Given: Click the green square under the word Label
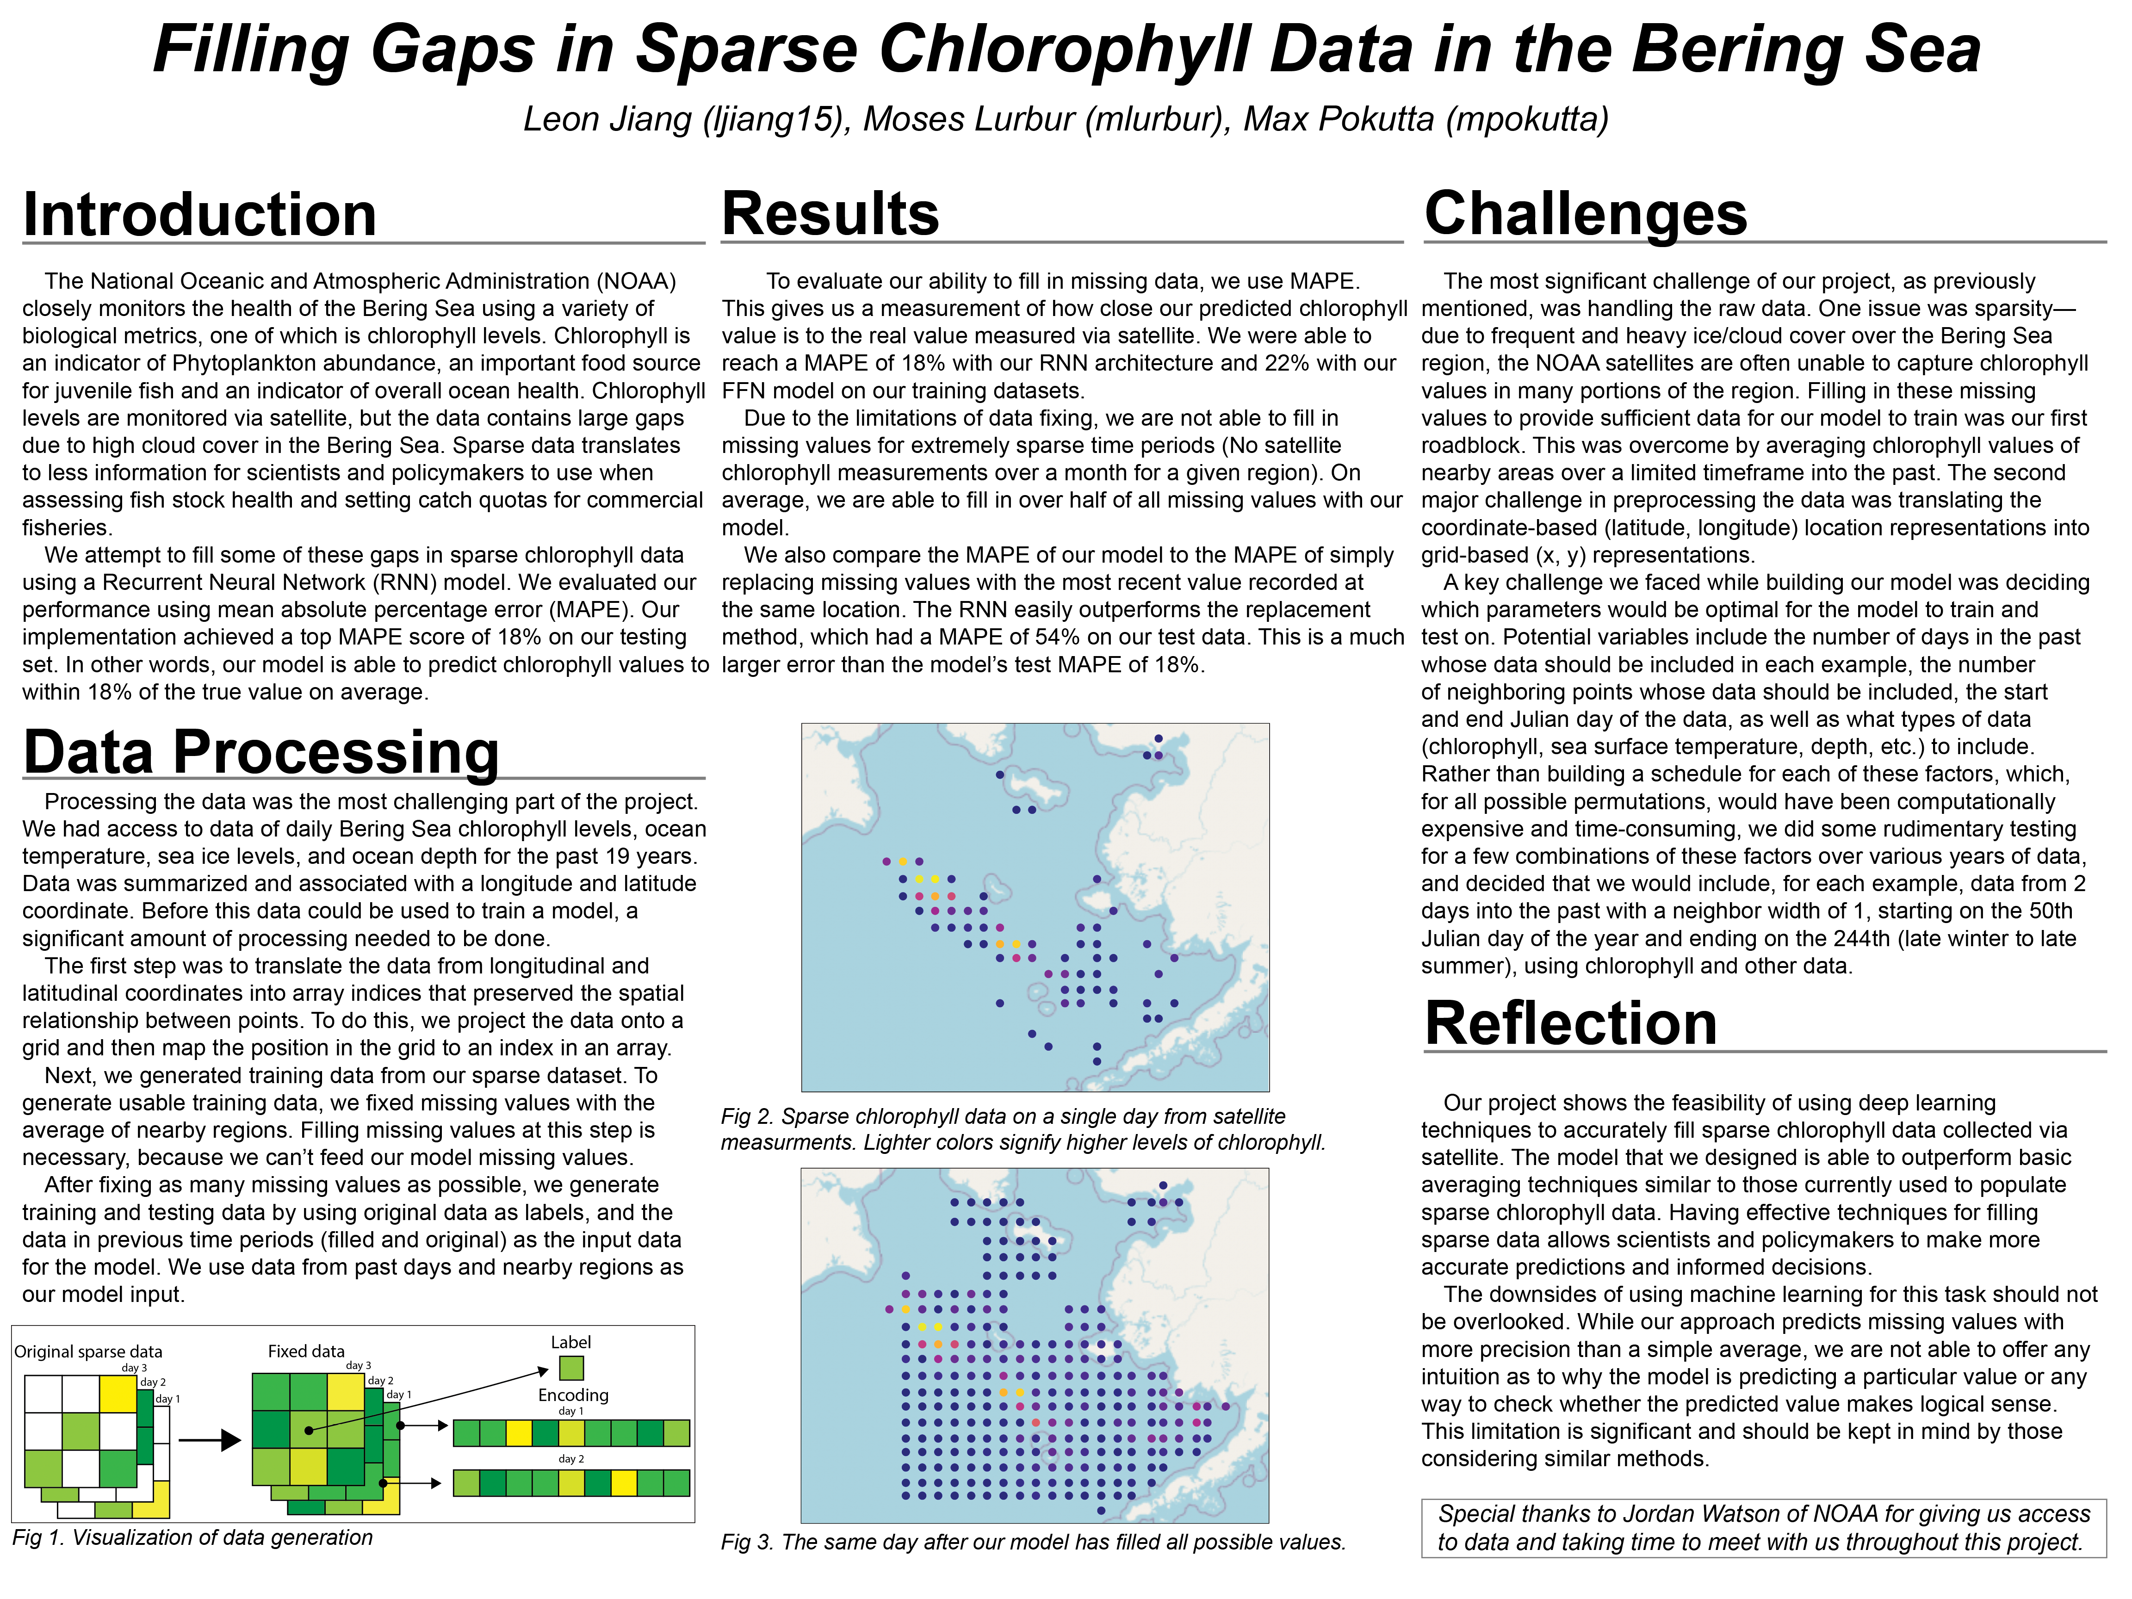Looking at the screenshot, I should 570,1368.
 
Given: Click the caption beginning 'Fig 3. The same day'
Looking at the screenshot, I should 1032,1542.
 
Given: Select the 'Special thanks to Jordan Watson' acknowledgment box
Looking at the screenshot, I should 1763,1528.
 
